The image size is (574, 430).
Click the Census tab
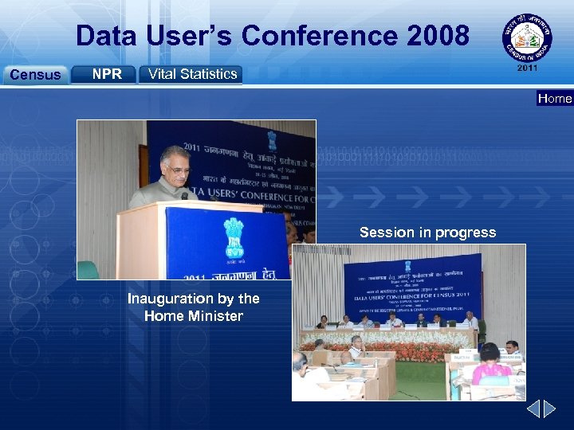[34, 75]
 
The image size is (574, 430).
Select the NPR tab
[106, 74]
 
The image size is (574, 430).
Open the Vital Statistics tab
[191, 74]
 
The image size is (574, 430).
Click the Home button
[555, 99]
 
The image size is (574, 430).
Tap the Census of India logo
[527, 37]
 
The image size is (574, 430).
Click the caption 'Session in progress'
[427, 233]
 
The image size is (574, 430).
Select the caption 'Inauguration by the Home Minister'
[194, 307]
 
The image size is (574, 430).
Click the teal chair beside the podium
[88, 270]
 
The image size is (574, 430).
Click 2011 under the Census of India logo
[527, 69]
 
